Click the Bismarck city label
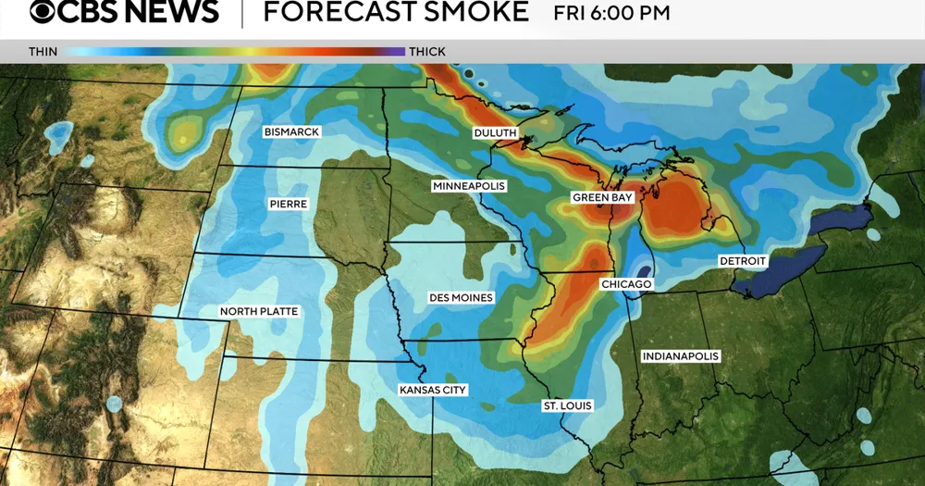291,132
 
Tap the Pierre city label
289,204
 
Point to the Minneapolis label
469,186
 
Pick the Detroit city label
744,262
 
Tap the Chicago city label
626,284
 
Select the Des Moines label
461,298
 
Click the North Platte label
259,312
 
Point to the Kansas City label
433,391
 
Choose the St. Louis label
567,405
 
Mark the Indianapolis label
681,356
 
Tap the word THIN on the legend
42,51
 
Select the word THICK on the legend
426,51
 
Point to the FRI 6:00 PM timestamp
611,13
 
